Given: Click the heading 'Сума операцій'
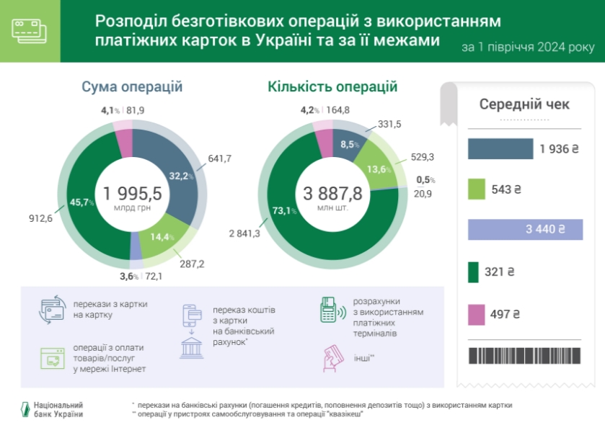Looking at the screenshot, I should [132, 87].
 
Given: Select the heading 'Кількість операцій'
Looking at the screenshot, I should [332, 87].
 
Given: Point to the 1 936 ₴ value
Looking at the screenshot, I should [559, 149].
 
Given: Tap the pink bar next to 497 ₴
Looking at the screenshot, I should [476, 314].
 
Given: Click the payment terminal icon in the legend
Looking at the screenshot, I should [329, 309].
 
